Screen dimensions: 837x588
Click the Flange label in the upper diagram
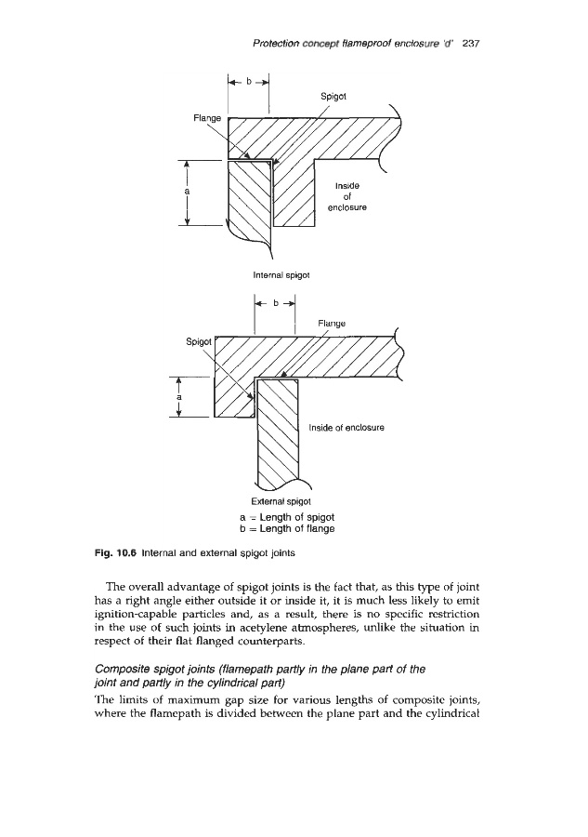pyautogui.click(x=207, y=118)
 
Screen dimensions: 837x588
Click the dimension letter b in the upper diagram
pyautogui.click(x=248, y=82)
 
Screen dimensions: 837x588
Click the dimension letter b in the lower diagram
pyautogui.click(x=275, y=303)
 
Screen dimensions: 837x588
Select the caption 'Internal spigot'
pyautogui.click(x=281, y=274)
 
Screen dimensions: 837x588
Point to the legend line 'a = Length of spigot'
pyautogui.click(x=281, y=516)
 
